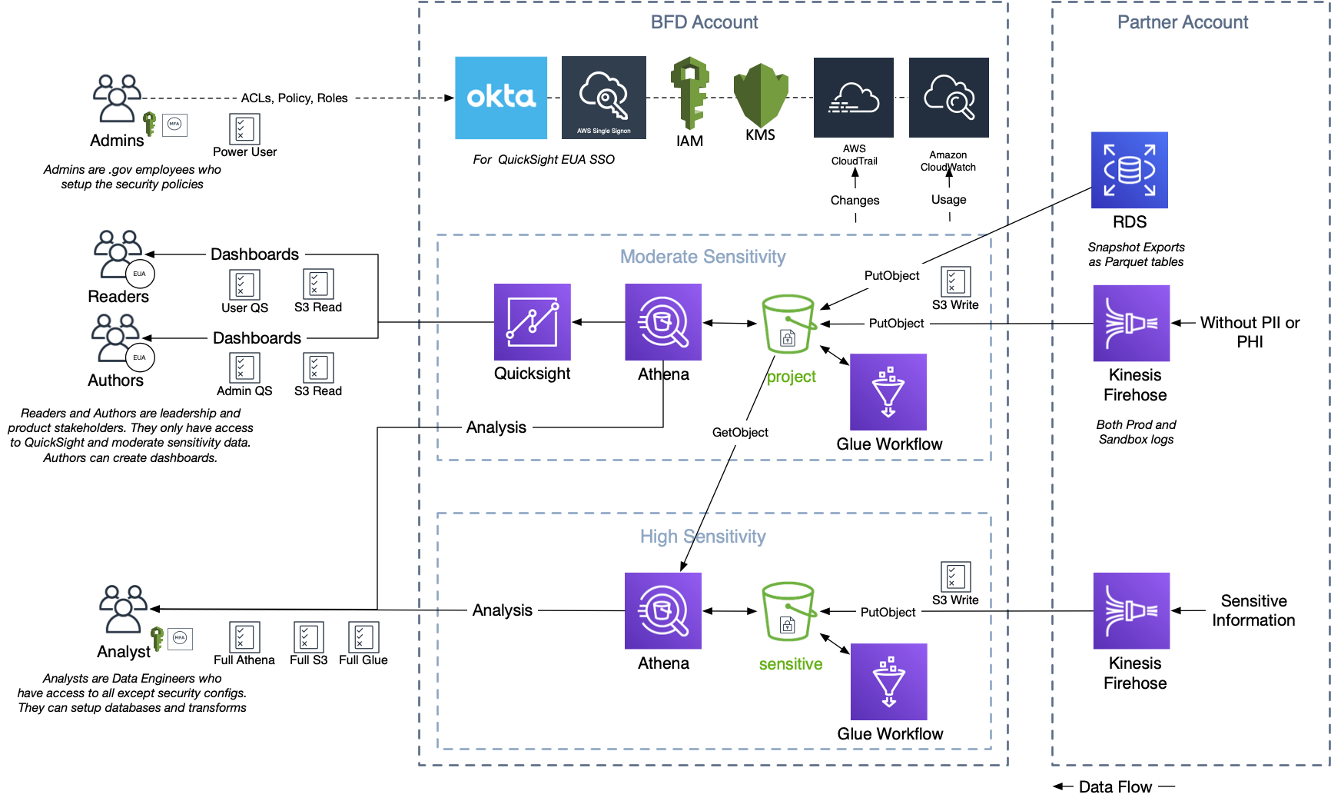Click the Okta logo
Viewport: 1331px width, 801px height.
(501, 98)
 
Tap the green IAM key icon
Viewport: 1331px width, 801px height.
(690, 93)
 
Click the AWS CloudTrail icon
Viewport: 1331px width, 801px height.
(854, 98)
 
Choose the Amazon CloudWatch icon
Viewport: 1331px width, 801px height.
(949, 98)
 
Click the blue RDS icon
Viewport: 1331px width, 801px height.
(1130, 170)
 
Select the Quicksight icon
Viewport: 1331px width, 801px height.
(533, 322)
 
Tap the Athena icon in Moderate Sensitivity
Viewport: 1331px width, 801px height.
(663, 322)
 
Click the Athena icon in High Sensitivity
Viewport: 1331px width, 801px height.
(663, 611)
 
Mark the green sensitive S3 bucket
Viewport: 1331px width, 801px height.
(788, 612)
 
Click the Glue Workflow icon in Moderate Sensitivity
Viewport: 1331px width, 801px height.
(888, 392)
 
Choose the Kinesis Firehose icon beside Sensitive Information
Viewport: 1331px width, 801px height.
(1132, 611)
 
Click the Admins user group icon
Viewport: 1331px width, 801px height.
(117, 98)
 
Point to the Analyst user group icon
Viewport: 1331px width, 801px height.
(123, 609)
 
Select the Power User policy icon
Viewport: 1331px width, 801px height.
(245, 128)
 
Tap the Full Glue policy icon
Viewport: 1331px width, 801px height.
(363, 637)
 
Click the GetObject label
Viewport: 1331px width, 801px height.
(740, 433)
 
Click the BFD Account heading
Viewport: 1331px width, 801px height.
(704, 22)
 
